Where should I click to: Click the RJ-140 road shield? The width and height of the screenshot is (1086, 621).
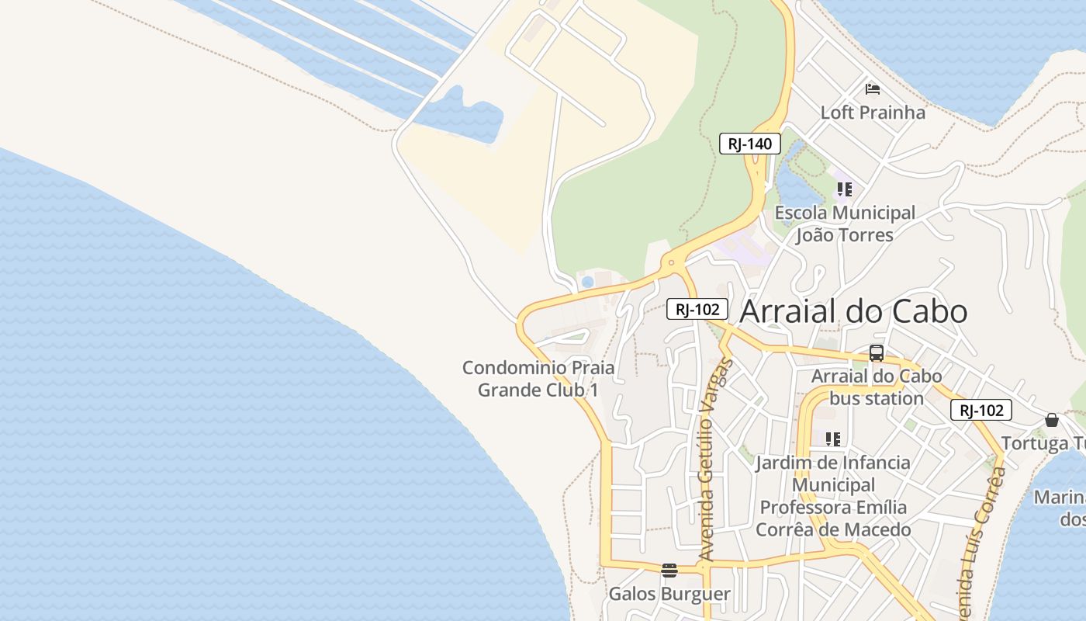coord(749,144)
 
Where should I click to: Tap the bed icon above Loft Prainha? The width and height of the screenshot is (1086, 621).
coord(873,88)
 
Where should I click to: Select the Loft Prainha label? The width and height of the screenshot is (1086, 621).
coord(873,113)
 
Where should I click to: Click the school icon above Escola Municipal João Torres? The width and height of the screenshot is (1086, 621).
coord(845,189)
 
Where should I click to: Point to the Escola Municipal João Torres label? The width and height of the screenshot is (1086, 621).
coord(845,224)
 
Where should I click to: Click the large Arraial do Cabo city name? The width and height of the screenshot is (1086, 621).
coord(853,311)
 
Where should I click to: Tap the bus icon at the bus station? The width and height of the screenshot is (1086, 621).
coord(877,353)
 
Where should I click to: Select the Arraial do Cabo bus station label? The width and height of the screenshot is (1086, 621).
coord(877,387)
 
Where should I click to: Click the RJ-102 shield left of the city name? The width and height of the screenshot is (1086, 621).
coord(697,309)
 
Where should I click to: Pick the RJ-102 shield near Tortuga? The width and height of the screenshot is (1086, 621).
coord(981,410)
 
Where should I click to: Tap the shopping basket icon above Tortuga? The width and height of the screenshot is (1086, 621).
coord(1052,420)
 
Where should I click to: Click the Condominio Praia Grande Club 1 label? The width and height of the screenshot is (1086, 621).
coord(538,378)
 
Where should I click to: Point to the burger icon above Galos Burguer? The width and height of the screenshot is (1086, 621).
coord(669,571)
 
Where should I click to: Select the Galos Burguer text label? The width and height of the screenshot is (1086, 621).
coord(669,595)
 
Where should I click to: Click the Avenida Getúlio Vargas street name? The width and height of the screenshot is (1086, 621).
coord(716,460)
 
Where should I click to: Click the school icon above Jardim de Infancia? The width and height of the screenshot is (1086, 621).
coord(833,439)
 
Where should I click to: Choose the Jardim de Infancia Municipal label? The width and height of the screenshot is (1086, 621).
coord(833,496)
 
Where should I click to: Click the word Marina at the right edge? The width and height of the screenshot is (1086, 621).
coord(1060,497)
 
